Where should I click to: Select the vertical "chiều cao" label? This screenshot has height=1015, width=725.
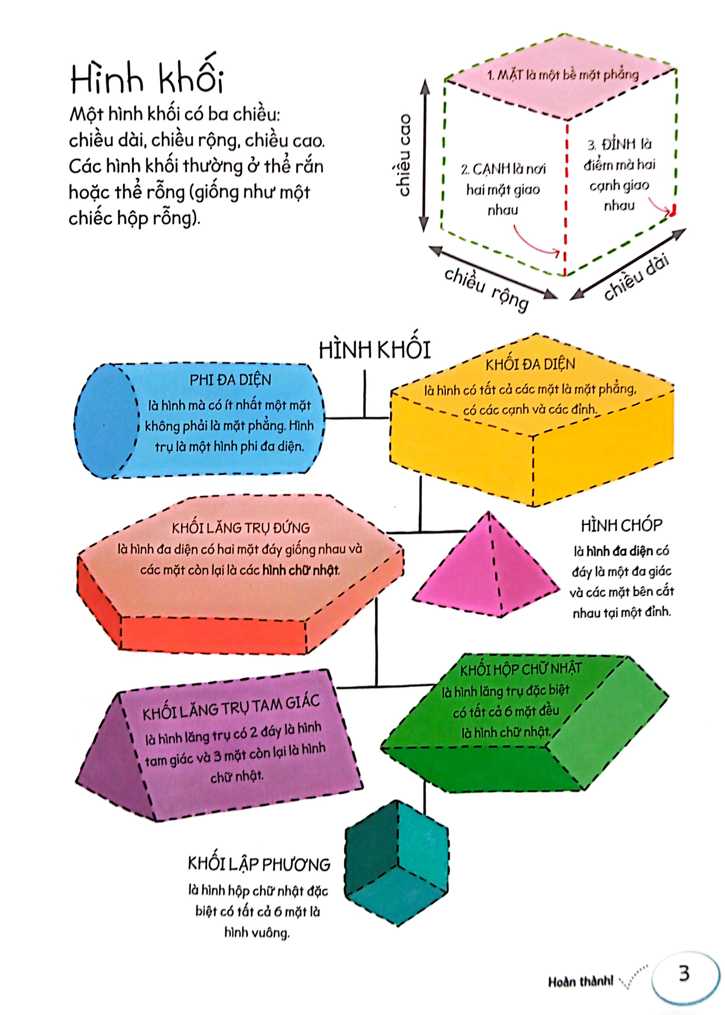click(x=404, y=155)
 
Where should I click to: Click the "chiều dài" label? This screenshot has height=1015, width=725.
click(x=636, y=277)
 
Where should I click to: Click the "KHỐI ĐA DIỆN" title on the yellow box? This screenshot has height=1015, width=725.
click(x=530, y=364)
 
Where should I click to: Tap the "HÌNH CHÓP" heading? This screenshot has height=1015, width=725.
click(x=621, y=526)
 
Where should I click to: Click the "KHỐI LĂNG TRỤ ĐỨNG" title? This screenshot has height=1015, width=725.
click(x=241, y=528)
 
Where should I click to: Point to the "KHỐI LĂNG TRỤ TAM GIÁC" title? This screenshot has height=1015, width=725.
click(x=231, y=707)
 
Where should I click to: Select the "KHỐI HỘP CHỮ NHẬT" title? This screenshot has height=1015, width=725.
click(x=521, y=669)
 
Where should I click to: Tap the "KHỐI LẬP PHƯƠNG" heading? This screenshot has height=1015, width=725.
click(x=259, y=864)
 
